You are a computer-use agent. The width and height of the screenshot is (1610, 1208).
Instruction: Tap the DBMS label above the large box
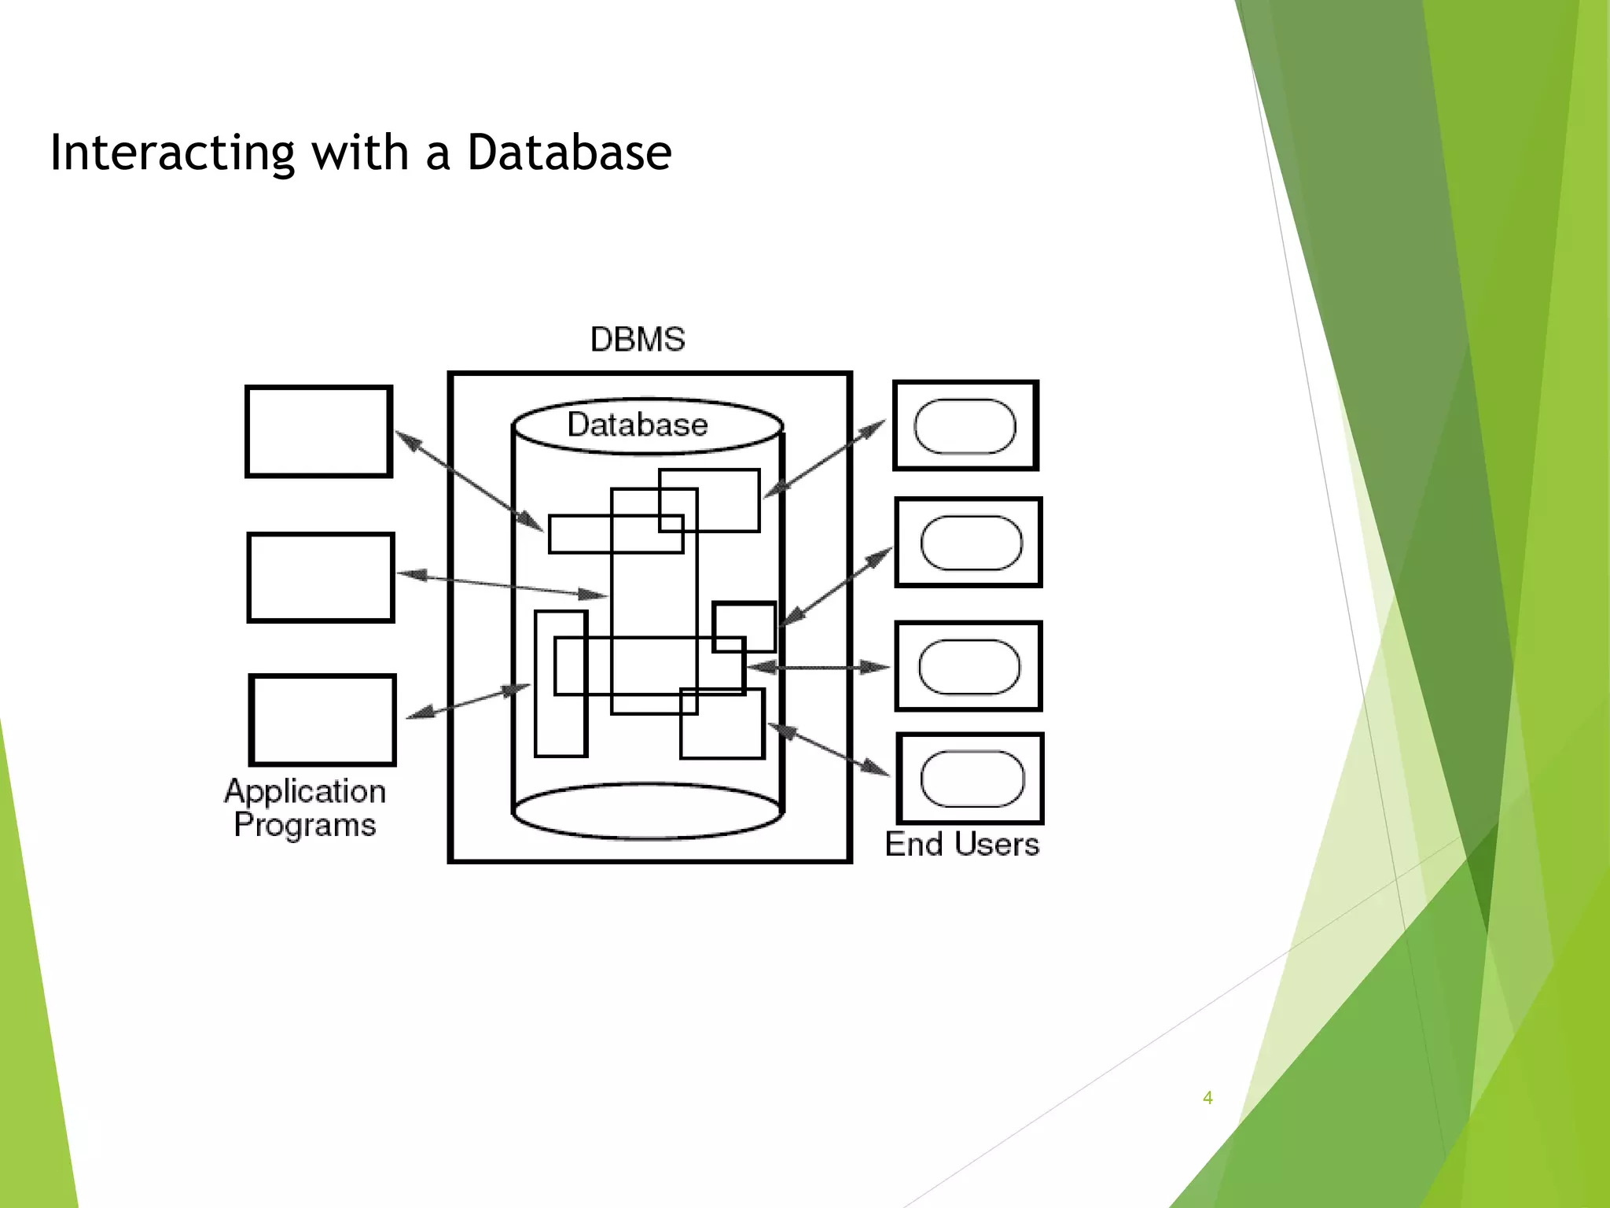[638, 340]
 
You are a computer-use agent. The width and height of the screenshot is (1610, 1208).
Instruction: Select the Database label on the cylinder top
[638, 425]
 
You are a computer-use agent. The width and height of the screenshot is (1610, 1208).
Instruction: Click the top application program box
[318, 431]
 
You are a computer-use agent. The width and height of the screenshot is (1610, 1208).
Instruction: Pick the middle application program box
[321, 577]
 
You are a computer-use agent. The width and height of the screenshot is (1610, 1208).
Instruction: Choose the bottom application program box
[322, 720]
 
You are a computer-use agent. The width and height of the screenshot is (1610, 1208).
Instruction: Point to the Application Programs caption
[305, 808]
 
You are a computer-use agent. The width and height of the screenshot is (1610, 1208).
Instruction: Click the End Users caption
[962, 844]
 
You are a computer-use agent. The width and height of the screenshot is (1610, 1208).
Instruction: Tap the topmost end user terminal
[966, 425]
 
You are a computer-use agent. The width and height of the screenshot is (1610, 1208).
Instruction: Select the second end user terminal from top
[969, 542]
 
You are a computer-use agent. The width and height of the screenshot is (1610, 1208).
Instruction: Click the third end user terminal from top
[969, 666]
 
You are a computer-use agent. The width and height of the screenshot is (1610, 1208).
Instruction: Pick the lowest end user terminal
[970, 779]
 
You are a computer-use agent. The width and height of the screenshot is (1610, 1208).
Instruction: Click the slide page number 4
[1207, 1098]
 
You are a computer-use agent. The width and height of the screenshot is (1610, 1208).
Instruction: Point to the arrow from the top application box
[469, 481]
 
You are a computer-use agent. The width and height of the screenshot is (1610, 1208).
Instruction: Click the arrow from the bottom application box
[469, 702]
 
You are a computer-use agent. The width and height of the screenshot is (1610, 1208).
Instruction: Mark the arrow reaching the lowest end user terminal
[829, 749]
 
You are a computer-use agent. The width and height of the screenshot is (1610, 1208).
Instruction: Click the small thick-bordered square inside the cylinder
[744, 627]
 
